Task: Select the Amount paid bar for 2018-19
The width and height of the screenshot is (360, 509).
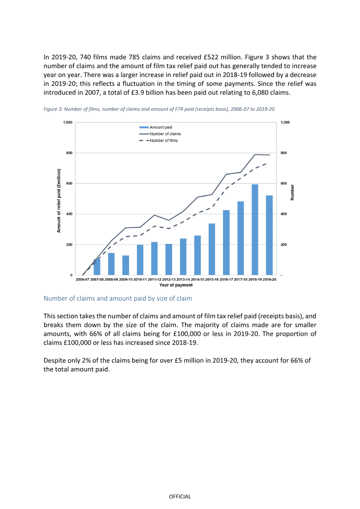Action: [255, 230]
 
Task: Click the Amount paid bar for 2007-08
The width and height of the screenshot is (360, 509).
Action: [97, 267]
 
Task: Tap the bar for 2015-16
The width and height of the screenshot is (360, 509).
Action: [211, 249]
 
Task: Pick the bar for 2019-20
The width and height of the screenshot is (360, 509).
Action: [269, 235]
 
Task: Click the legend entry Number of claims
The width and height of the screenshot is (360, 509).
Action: [160, 134]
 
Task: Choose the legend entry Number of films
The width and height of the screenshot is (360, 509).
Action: [158, 140]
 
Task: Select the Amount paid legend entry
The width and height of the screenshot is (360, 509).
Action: [156, 127]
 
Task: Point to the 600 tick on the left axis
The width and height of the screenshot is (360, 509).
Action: [69, 184]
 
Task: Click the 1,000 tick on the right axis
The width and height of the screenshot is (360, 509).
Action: [285, 122]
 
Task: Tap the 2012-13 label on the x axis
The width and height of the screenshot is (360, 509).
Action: [169, 279]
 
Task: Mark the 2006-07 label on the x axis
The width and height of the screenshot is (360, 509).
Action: [82, 279]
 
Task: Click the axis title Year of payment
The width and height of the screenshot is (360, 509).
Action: [176, 285]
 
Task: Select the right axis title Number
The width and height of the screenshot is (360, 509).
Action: [292, 193]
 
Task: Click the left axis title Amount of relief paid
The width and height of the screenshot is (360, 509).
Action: [59, 201]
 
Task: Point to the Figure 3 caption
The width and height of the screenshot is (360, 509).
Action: [159, 109]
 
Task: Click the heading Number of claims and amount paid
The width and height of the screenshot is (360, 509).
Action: [118, 298]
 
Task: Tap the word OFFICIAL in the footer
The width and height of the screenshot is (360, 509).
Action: [180, 497]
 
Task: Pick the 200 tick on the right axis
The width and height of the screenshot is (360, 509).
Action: [283, 245]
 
